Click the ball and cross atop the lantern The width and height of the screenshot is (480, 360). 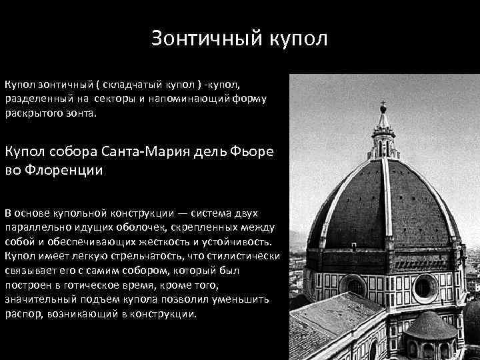pyautogui.click(x=383, y=106)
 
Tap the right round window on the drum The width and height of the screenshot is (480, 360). pyautogui.click(x=424, y=287)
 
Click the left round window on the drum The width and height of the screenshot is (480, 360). pyautogui.click(x=354, y=286)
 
